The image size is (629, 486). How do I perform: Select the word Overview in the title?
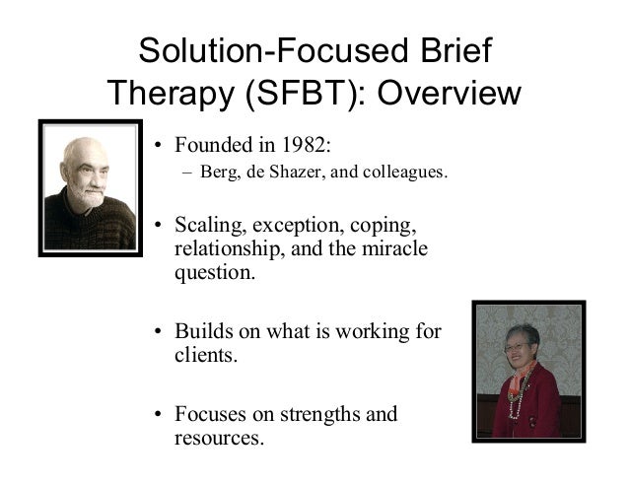click(449, 94)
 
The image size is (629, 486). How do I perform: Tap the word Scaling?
click(210, 222)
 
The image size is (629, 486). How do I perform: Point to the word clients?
click(204, 354)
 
